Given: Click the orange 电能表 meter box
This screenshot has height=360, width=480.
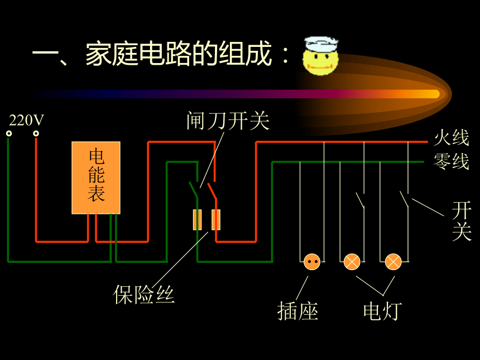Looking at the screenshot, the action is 96,177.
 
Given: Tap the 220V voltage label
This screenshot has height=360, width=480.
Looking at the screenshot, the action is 26,121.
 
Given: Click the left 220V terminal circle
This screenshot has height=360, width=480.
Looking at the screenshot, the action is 9,133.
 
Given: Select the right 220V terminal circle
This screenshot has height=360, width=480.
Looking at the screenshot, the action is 36,133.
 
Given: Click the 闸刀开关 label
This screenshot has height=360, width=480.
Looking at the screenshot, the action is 228,121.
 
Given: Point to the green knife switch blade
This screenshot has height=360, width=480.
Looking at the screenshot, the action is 194,190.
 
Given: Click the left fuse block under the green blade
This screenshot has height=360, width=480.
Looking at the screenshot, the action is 197,219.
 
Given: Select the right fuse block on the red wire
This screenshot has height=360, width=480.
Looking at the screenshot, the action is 216,219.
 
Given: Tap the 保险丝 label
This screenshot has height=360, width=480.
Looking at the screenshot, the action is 143,295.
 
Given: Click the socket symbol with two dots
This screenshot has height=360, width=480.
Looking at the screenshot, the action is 312,262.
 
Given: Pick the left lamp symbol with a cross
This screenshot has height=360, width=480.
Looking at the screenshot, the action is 352,262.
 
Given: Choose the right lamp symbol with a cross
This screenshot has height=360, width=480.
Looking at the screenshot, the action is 393,262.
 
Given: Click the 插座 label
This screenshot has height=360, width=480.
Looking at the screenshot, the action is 298,311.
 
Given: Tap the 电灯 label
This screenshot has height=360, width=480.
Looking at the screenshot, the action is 382,311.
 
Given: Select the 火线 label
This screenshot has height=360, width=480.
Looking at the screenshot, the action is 452,137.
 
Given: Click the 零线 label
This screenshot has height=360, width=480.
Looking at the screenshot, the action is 452,161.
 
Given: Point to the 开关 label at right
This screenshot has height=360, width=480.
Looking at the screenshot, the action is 462,220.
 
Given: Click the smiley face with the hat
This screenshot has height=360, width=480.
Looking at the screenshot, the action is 321,56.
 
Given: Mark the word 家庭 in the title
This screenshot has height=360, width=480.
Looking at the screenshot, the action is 112,54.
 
